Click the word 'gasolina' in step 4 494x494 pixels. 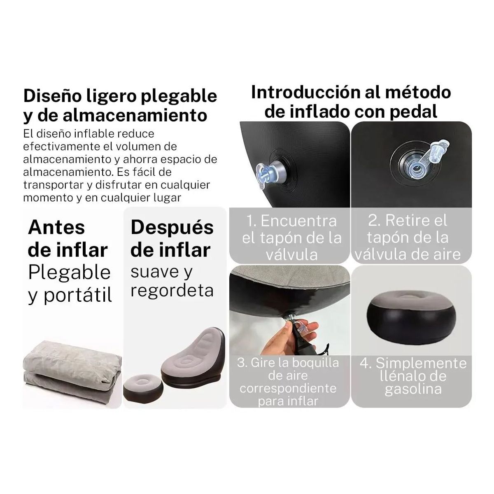click(413, 389)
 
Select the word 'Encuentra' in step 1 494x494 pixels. click(298, 221)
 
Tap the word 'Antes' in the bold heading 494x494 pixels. click(56, 227)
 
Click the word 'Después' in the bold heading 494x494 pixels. click(172, 227)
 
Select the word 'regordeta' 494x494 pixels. click(172, 290)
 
